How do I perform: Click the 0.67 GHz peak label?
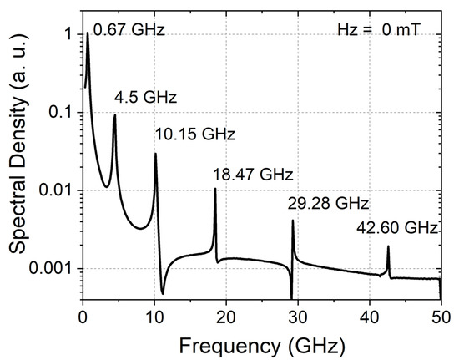[129, 31]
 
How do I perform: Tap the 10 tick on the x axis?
[154, 316]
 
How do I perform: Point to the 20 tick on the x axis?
[225, 316]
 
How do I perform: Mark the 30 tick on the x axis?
[297, 316]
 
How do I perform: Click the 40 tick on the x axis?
[369, 316]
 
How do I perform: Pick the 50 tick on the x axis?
[440, 316]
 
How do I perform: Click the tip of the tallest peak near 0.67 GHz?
[88, 33]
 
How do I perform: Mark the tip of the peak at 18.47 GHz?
[215, 189]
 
